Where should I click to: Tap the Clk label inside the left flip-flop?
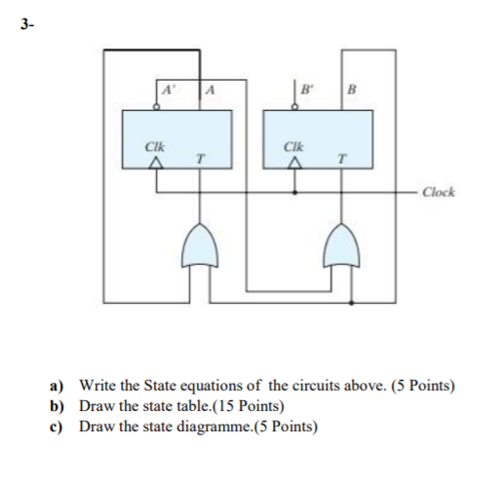(x=154, y=146)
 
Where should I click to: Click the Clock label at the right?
(x=439, y=192)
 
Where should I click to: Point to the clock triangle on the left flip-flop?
(x=153, y=164)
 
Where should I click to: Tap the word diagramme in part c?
(x=196, y=426)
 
